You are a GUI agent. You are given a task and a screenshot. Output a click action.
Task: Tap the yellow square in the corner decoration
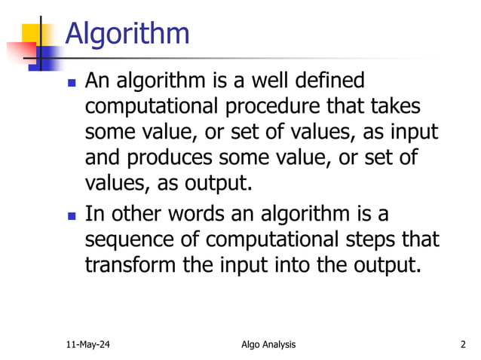click(35, 34)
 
